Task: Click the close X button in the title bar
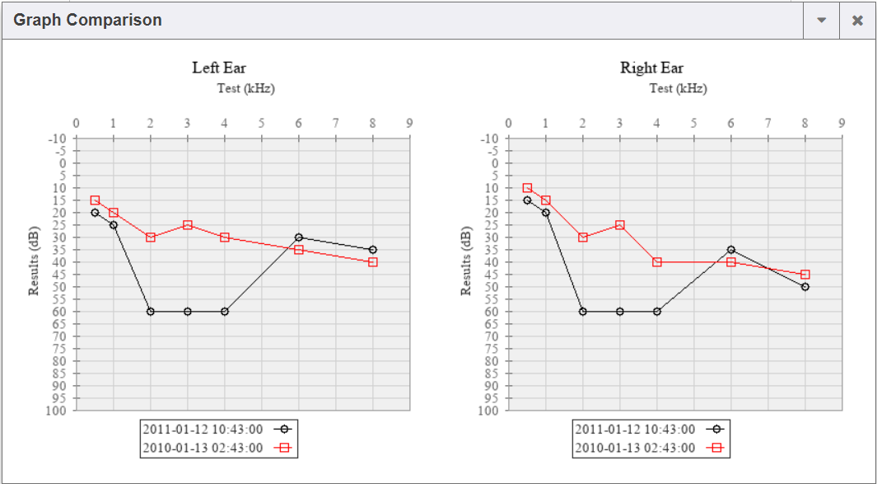[857, 21]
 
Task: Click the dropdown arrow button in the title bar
[821, 21]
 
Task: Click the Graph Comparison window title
[87, 20]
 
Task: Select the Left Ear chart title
[219, 68]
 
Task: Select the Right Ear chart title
[651, 68]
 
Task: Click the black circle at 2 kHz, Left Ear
[151, 312]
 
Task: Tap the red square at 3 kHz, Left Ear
[188, 225]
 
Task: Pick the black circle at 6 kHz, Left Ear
[299, 237]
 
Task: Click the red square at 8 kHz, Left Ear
[373, 262]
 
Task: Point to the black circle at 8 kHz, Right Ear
[805, 287]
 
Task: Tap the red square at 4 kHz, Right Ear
[657, 262]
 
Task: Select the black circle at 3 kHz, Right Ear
[620, 312]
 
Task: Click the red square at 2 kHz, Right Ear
[583, 237]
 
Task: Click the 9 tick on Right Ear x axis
[842, 124]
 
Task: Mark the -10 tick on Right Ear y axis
[489, 139]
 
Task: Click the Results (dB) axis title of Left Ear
[35, 262]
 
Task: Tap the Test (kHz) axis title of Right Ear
[678, 88]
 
